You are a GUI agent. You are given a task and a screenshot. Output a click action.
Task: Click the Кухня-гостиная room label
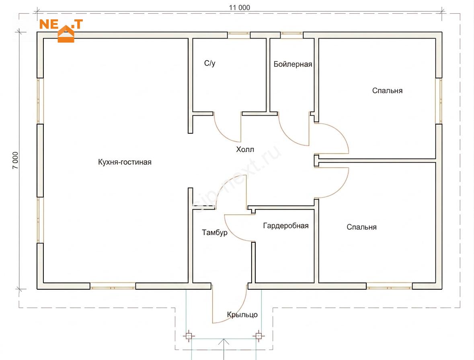(x=125, y=162)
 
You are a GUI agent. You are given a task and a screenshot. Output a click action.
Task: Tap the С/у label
(x=210, y=63)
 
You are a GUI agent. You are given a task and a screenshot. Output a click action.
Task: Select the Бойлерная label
(x=293, y=64)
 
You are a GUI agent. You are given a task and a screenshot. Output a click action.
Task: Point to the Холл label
(x=245, y=149)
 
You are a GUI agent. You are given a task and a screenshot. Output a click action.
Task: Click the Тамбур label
(x=215, y=233)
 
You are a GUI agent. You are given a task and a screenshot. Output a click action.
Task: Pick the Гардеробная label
(x=286, y=226)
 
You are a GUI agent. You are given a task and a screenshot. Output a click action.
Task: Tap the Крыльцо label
(x=242, y=315)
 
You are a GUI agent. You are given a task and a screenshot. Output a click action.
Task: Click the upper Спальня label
(x=387, y=91)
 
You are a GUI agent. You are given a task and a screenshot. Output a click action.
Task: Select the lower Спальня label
(x=361, y=227)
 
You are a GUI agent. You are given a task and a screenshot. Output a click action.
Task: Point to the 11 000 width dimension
(x=240, y=8)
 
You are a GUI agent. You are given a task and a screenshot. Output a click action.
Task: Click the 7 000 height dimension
(x=15, y=160)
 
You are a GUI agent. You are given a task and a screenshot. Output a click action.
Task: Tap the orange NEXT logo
(x=62, y=30)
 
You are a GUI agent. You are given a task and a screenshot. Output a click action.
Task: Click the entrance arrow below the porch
(x=224, y=349)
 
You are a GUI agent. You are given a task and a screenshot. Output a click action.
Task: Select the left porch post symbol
(x=189, y=336)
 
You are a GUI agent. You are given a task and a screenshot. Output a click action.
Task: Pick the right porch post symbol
(x=259, y=335)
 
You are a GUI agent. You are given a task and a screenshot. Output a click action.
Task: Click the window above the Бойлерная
(x=292, y=35)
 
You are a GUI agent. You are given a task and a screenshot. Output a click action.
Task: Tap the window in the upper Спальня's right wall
(x=439, y=101)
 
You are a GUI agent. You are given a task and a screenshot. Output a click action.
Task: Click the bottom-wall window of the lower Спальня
(x=389, y=286)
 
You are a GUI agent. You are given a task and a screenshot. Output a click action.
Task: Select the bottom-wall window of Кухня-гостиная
(x=113, y=286)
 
